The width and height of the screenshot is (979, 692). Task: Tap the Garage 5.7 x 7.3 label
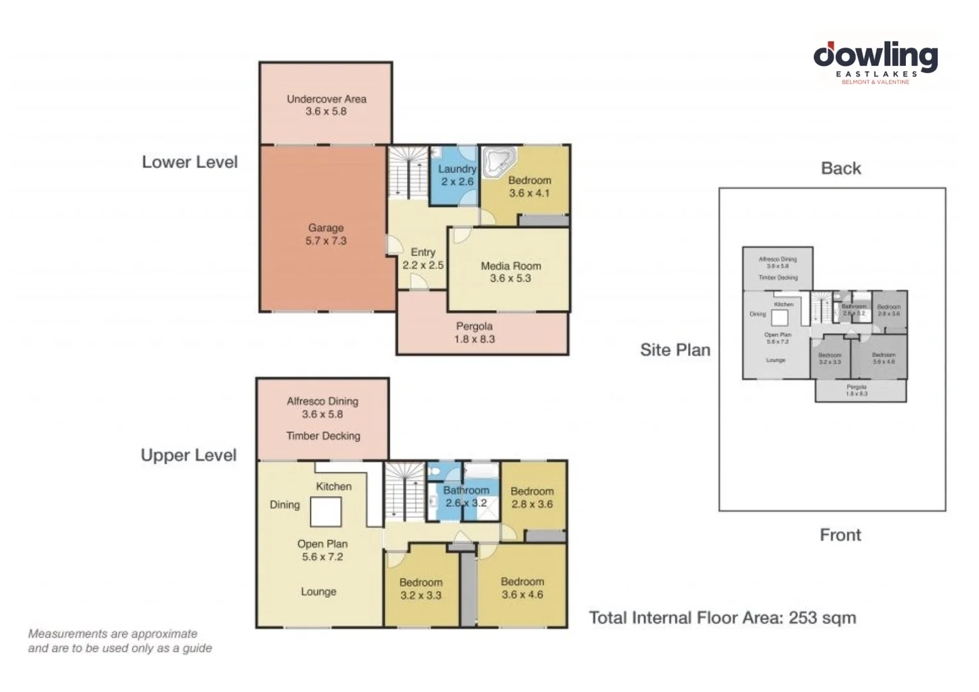tap(325, 235)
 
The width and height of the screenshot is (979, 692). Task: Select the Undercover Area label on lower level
tap(326, 105)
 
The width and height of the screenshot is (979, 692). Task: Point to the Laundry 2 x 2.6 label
tap(457, 175)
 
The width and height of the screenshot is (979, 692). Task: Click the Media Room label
tap(511, 272)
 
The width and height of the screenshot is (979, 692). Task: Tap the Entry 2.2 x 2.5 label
tap(423, 258)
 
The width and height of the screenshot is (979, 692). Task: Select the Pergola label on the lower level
tap(474, 333)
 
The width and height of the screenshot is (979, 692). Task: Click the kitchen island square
tap(325, 512)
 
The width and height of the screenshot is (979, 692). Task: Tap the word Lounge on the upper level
tap(318, 591)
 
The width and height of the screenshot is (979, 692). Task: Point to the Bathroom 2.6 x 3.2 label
tap(466, 497)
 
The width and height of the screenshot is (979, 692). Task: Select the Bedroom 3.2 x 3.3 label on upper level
tap(421, 589)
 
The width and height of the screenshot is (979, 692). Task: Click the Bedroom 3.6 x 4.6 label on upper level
tap(522, 588)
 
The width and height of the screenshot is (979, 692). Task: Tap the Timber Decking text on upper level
tap(323, 436)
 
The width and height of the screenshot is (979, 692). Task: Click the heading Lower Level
tap(190, 162)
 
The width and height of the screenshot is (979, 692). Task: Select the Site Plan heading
tap(675, 350)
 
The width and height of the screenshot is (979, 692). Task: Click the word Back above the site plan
tap(841, 169)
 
